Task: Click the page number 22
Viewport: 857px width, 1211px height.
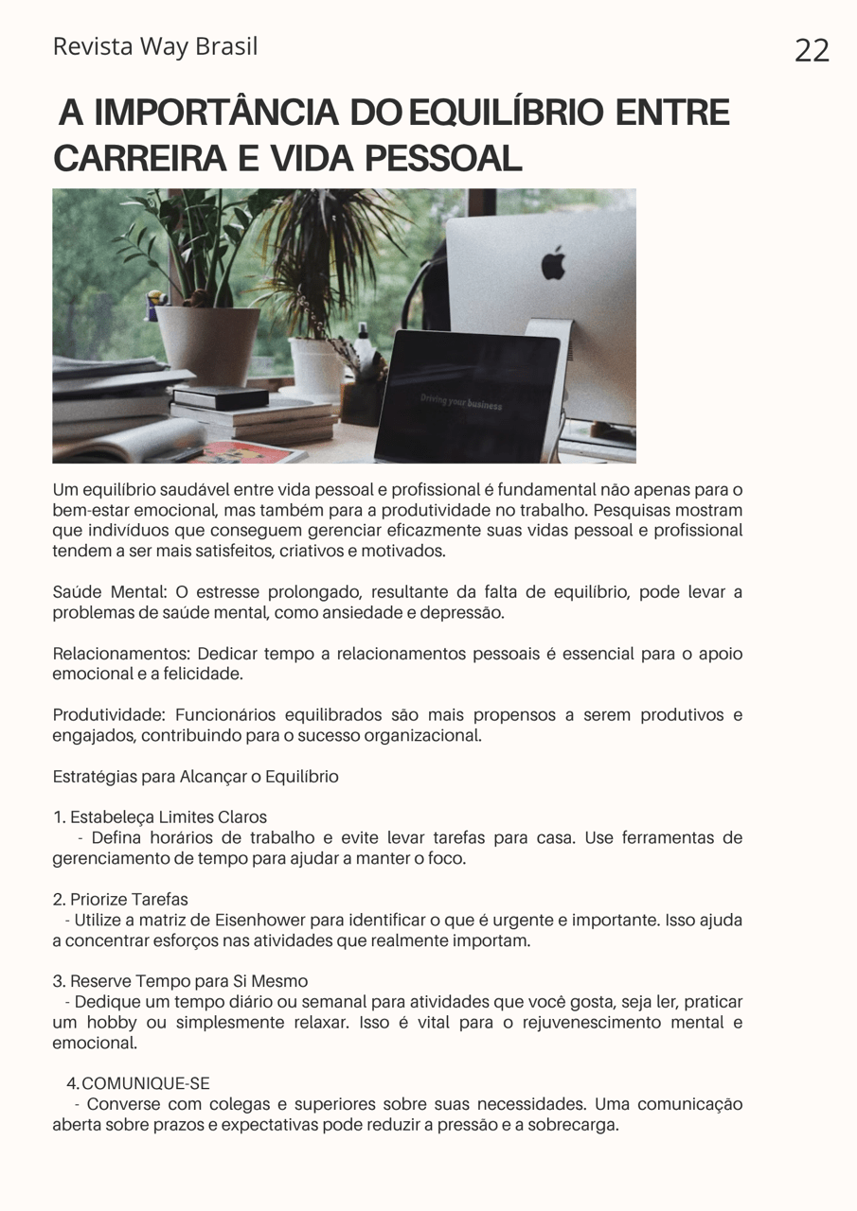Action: [812, 50]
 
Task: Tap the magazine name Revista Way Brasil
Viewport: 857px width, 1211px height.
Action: [155, 46]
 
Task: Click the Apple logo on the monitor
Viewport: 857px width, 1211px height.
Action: [553, 262]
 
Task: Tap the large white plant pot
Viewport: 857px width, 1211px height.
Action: [207, 344]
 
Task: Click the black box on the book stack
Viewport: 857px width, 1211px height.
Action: [220, 397]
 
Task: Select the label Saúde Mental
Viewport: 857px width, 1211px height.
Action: [109, 592]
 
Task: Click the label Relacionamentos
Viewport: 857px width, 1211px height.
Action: [122, 654]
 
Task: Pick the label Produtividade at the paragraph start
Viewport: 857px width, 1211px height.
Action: [109, 715]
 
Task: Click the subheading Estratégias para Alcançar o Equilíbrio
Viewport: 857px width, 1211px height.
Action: [195, 777]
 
